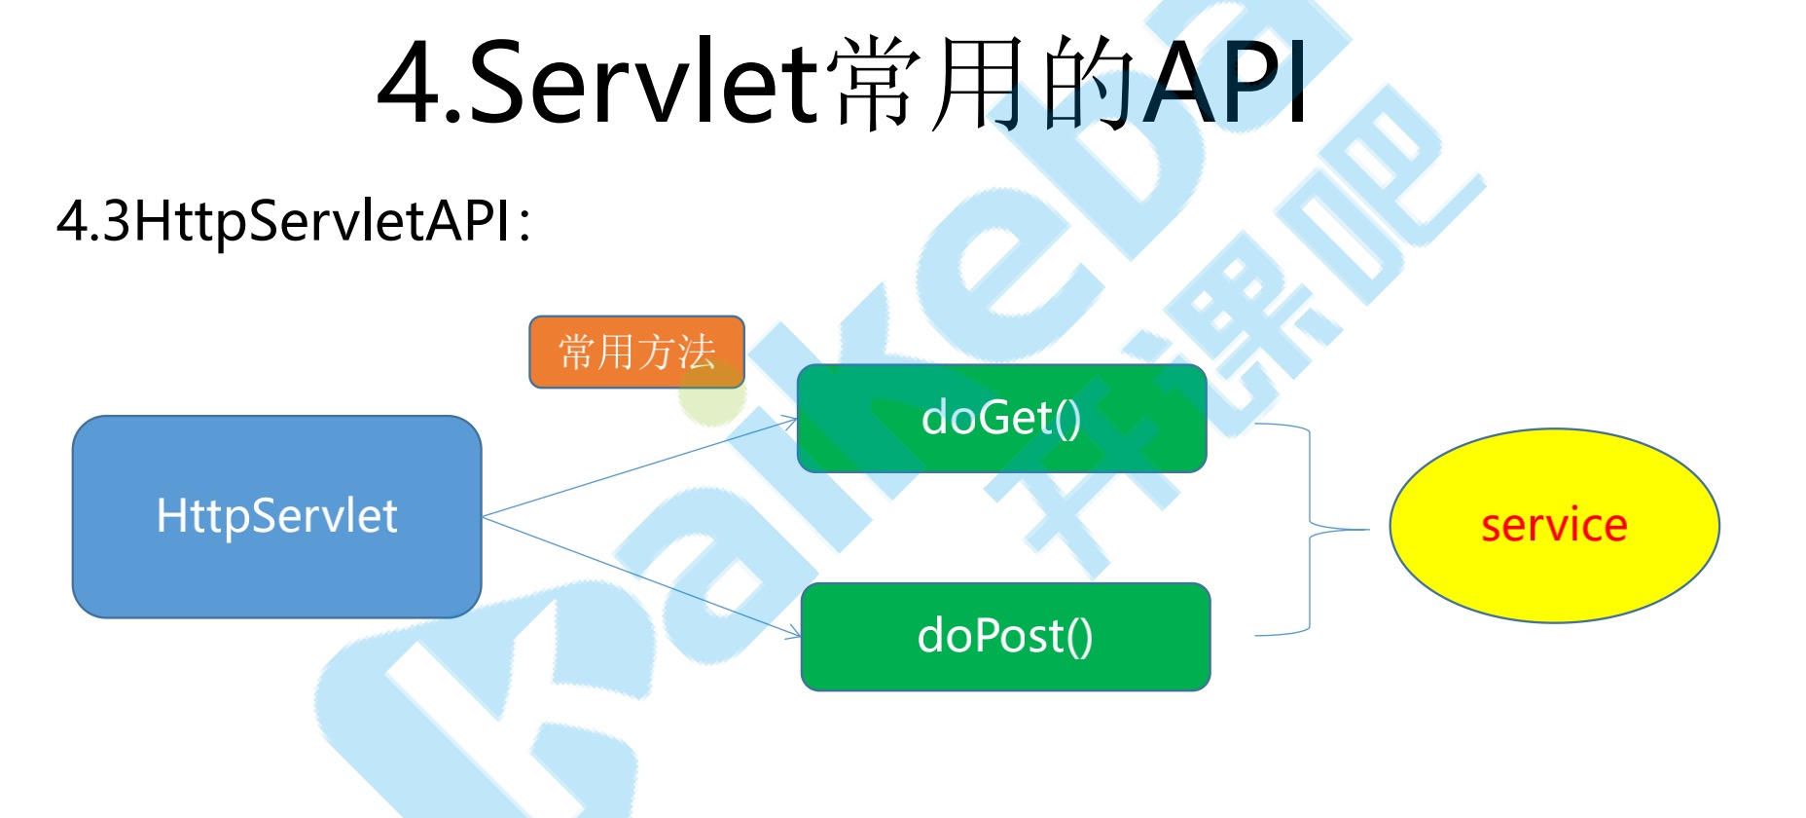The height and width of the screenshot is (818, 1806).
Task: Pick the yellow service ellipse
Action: (x=1553, y=575)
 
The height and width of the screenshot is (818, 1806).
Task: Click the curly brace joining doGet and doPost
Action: (x=1310, y=530)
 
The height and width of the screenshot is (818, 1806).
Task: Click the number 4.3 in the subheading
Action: (x=93, y=221)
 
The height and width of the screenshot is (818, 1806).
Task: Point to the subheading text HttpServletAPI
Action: (x=321, y=221)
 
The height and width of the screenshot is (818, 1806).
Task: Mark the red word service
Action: (x=1553, y=526)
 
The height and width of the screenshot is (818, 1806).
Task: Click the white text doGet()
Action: (x=1001, y=418)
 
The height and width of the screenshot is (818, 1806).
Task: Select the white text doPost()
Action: (x=1005, y=636)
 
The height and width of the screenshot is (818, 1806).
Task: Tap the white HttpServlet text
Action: (x=276, y=515)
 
